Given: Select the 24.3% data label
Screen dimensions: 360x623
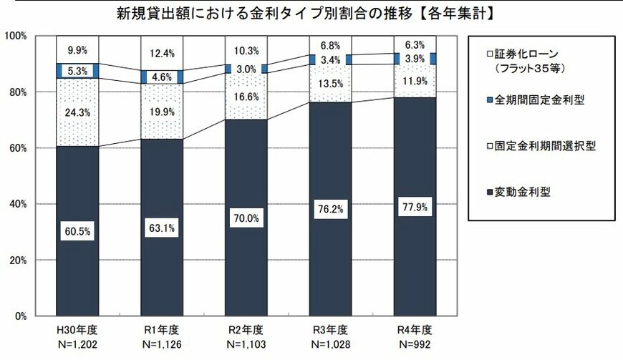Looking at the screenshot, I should (77, 112).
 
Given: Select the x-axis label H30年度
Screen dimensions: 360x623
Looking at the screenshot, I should (77, 330).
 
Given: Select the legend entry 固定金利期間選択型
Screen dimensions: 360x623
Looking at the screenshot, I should (540, 146).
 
